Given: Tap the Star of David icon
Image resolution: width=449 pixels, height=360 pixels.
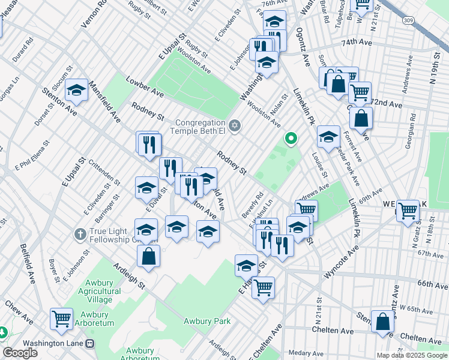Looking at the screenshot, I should [235, 126].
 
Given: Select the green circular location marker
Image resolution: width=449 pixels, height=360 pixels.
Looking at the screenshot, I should [291, 139].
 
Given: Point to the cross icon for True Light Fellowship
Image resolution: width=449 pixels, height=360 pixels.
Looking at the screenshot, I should [79, 233].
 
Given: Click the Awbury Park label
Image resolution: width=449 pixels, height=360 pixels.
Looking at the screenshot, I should [207, 321].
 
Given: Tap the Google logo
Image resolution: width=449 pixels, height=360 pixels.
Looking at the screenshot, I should [20, 353].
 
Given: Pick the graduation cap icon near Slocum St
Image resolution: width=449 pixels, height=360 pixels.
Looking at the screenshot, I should [77, 90].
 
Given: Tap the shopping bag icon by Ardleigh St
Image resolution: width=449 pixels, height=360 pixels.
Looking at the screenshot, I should [149, 256].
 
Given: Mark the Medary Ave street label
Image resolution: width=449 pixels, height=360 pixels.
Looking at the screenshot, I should [304, 353].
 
